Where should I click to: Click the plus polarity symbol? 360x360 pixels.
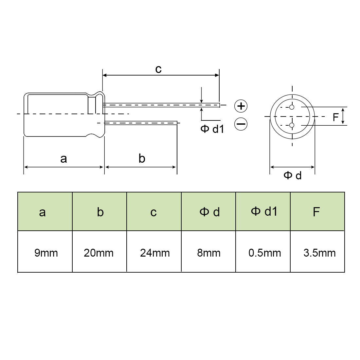coord(241,106)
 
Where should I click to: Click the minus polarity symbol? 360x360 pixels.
coord(241,124)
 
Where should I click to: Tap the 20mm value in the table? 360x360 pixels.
coord(99,253)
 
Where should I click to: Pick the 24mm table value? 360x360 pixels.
coord(155,253)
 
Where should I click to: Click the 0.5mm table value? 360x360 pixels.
coord(264,253)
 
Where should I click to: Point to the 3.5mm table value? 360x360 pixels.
coord(319,253)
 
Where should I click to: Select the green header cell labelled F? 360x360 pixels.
coord(317,211)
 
